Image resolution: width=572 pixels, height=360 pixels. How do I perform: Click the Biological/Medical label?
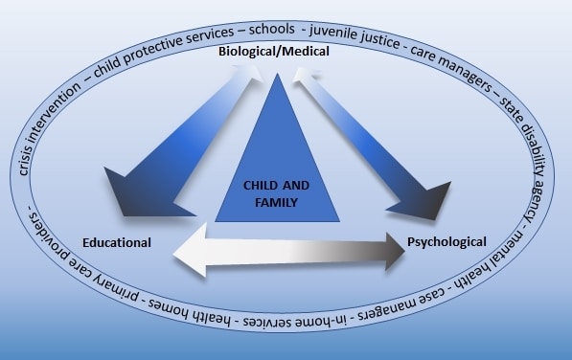(274, 52)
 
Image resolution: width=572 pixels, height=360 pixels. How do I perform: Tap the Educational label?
(117, 242)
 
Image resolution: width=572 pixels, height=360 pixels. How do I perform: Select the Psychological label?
(446, 242)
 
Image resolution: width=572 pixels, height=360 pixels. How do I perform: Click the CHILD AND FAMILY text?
(276, 193)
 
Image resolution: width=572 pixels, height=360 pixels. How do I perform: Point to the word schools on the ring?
(272, 29)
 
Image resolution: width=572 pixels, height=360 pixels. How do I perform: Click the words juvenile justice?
(355, 36)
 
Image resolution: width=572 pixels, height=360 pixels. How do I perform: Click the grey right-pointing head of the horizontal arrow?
(396, 252)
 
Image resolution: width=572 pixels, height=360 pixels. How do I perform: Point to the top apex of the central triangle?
(277, 74)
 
